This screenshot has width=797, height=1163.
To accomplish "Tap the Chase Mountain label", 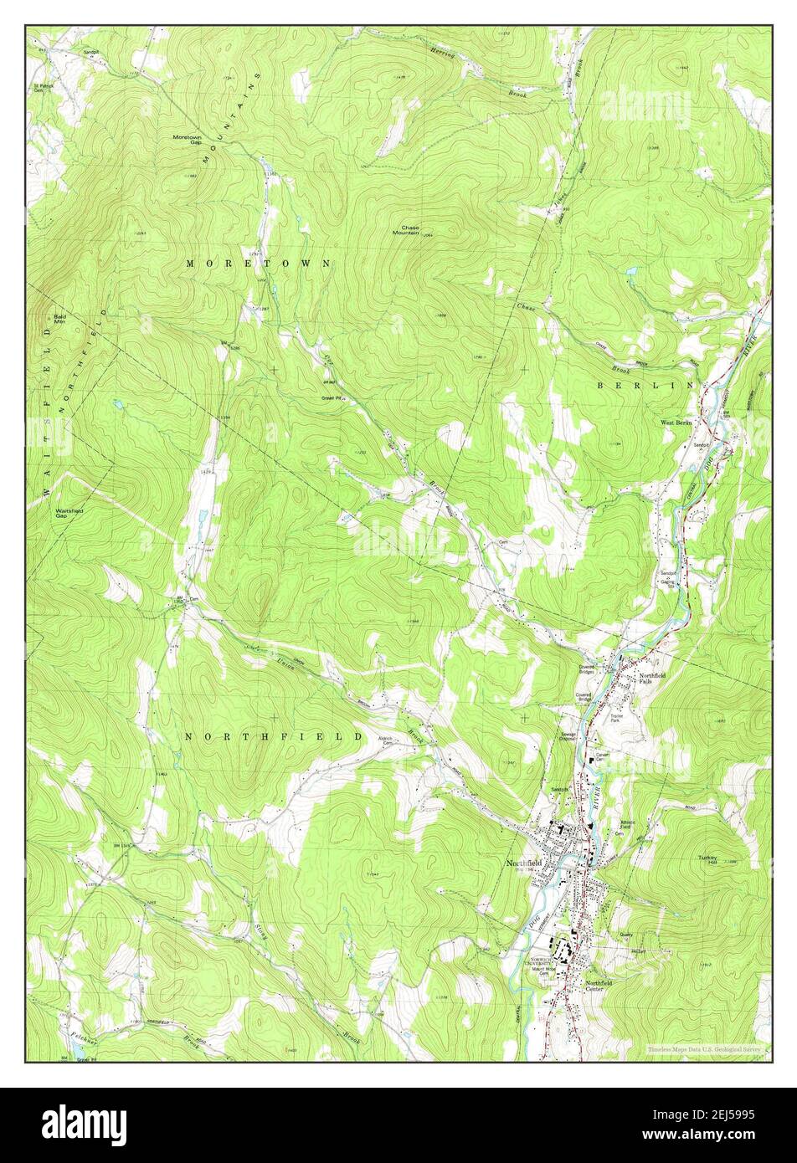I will coord(409,230).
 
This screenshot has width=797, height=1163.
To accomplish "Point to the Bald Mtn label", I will coord(60,320).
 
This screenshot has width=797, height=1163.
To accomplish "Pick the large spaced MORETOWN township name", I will coord(258,263).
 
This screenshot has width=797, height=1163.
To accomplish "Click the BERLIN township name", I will coord(645,385).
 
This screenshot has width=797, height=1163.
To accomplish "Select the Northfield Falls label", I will coord(652,679).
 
